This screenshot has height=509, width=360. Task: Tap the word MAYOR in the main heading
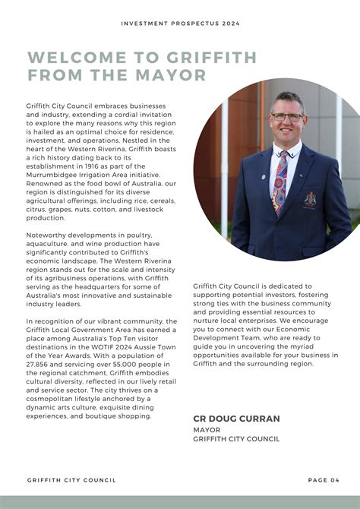(173, 75)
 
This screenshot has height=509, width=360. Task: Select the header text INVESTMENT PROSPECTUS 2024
(180, 24)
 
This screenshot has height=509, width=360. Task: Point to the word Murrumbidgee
(55, 175)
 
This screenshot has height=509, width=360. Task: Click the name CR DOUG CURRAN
(236, 419)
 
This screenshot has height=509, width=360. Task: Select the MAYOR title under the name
(207, 429)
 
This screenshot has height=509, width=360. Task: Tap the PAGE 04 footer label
(324, 480)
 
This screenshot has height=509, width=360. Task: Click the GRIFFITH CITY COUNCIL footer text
(71, 480)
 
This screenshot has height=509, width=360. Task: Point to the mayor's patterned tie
(280, 182)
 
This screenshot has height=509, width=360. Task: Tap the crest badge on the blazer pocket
(310, 199)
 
